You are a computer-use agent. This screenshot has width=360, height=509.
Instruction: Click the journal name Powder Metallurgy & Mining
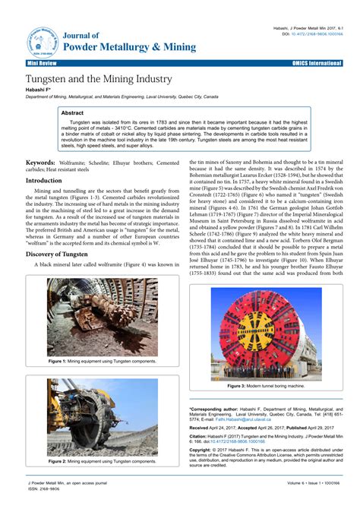click(x=128, y=47)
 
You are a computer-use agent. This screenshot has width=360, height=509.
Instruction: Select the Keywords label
click(x=46, y=163)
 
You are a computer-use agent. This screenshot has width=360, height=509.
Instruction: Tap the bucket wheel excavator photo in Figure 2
click(x=91, y=417)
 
